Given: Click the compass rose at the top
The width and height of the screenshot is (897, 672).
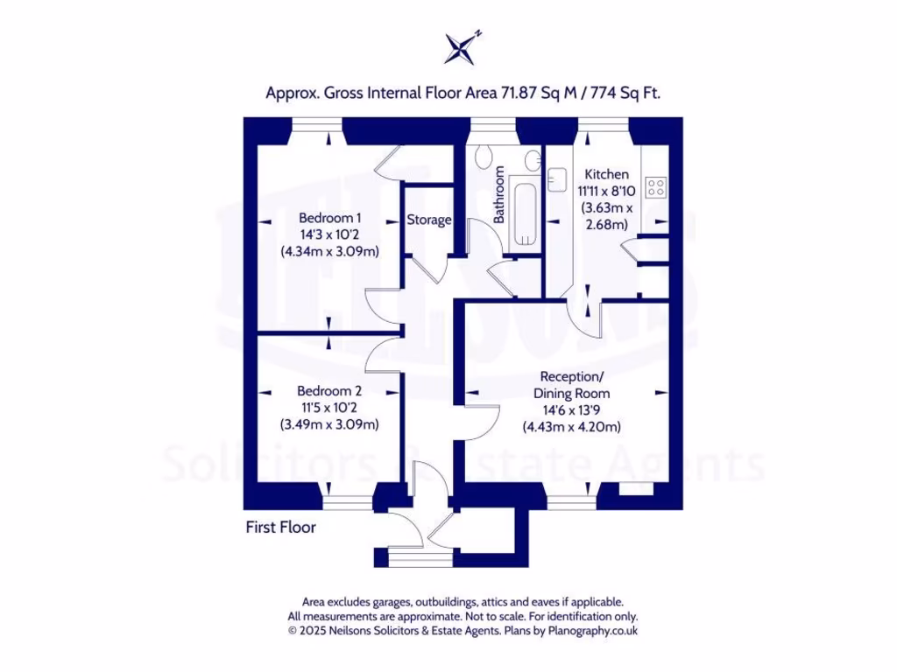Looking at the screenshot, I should [462, 48].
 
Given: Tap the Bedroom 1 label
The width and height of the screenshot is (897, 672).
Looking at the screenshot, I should [329, 218].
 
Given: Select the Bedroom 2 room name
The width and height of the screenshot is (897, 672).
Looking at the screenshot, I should [329, 391].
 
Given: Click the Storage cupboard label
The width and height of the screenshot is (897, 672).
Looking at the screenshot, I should [429, 220].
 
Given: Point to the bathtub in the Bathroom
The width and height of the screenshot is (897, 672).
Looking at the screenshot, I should [525, 212].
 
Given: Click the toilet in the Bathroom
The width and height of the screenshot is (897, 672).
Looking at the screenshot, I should [484, 159].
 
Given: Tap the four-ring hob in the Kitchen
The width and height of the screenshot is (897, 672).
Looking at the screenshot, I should [655, 186].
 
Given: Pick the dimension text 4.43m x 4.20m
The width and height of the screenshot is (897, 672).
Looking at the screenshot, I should [571, 427].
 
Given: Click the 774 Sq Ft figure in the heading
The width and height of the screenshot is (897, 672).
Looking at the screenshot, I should [624, 92].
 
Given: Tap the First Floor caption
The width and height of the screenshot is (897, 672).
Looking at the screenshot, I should [280, 528].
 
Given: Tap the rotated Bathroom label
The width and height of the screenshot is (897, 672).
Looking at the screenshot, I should [498, 194].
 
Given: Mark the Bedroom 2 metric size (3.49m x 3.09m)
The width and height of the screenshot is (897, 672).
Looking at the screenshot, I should [329, 425].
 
